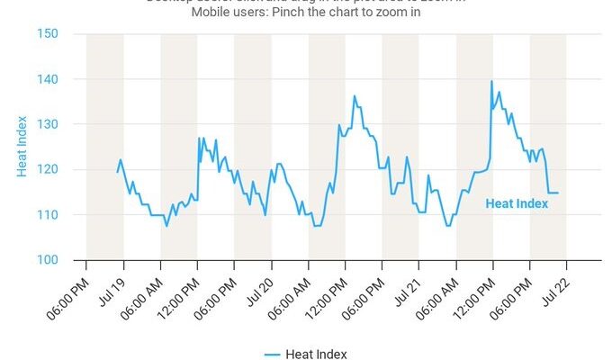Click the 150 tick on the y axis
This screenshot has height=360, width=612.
point(47,34)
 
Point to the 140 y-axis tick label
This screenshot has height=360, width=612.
point(47,79)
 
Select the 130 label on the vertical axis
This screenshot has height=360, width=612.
point(47,124)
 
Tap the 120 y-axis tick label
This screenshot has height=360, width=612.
point(47,169)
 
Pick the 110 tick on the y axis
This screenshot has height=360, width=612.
point(47,214)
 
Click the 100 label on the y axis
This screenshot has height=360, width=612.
point(47,260)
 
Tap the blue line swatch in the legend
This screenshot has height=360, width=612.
point(274,354)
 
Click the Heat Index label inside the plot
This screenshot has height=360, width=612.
point(517,203)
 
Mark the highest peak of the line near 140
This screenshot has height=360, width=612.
point(491,82)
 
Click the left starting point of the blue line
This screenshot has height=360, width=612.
point(117,172)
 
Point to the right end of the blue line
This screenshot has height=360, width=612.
point(558,193)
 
